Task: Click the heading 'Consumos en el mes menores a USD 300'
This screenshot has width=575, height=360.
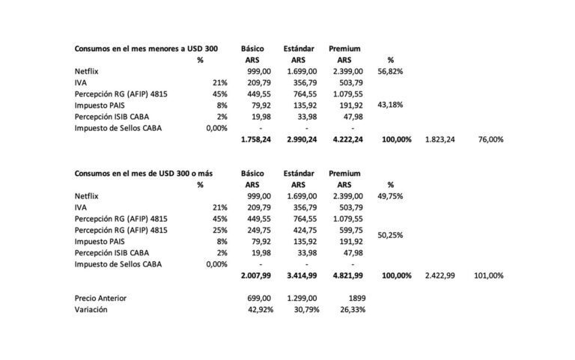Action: click(146, 49)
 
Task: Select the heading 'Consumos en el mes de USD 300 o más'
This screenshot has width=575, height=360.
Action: click(143, 174)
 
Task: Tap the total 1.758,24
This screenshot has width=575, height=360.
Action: click(255, 140)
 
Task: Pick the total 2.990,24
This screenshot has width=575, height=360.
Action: click(299, 140)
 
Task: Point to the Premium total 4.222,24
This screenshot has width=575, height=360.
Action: click(347, 140)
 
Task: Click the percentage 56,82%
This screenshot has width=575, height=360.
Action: click(391, 71)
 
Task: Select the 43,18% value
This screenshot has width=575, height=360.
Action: click(391, 106)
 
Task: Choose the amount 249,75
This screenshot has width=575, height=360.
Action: click(259, 231)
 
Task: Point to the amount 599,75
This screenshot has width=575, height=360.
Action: click(350, 231)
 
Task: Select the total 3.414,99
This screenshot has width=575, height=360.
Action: click(299, 276)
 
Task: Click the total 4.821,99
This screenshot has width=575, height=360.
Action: click(347, 276)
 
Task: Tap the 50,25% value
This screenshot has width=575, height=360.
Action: click(391, 236)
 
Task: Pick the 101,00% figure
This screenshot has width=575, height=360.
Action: click(488, 276)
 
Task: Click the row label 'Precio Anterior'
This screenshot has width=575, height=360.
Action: click(100, 299)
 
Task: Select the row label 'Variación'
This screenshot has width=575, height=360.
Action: click(91, 310)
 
